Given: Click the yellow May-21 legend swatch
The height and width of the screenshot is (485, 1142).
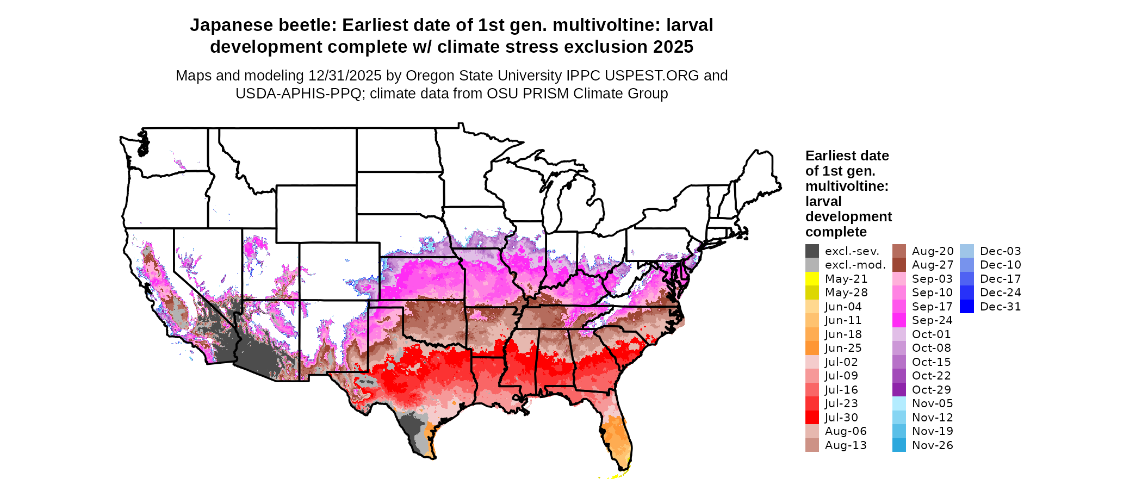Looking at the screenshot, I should pos(812,279).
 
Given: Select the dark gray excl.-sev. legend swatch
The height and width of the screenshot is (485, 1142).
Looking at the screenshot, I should pos(812,251).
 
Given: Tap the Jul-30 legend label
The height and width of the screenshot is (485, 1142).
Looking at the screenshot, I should pos(841,418).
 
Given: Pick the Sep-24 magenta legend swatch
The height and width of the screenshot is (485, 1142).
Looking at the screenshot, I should pos(899,320).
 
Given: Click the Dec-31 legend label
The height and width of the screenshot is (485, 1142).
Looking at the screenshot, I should pos(1000,307).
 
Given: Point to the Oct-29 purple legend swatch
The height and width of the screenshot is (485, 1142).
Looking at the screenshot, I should pos(899,390).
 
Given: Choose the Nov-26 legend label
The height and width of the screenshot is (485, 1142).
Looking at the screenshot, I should pos(932,445).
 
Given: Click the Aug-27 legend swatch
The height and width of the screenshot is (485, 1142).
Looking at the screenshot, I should pos(899,265).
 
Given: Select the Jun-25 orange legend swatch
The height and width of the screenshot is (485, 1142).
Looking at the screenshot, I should pos(812,348).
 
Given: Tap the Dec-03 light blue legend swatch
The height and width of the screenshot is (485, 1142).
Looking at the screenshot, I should pos(967,251).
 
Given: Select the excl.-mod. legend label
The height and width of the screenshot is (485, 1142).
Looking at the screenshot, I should pos(855,265).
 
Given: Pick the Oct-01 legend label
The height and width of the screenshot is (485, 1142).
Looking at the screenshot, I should pos(931,334).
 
